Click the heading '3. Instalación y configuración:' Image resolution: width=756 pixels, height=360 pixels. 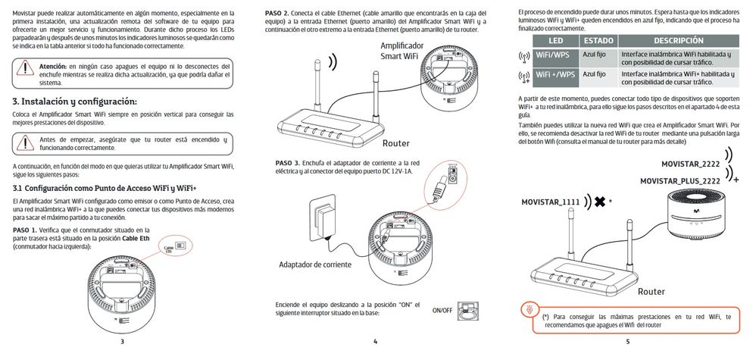click(75, 102)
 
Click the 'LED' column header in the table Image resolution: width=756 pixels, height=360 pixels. click(555, 39)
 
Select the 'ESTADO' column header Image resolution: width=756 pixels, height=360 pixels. click(598, 39)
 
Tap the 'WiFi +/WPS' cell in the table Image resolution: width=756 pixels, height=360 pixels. click(556, 75)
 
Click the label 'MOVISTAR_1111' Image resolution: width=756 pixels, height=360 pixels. click(551, 202)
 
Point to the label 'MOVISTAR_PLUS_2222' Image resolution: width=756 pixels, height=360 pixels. click(679, 181)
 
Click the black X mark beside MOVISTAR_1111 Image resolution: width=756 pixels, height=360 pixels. click(600, 202)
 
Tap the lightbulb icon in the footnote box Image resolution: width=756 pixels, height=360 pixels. click(528, 309)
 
